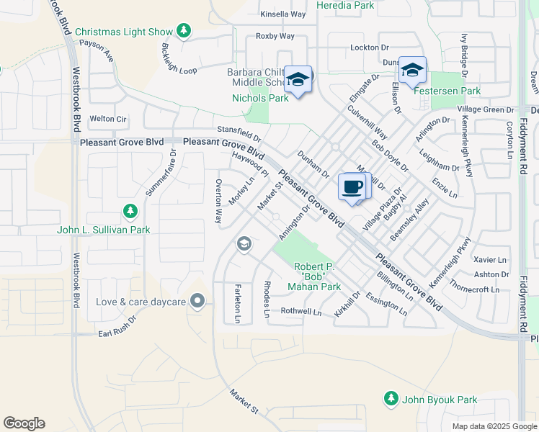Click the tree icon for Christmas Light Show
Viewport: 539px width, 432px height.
click(x=184, y=31)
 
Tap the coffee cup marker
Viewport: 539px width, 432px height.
click(x=352, y=187)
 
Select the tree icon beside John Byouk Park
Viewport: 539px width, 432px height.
click(x=391, y=398)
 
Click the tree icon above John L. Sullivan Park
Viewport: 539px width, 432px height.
click(x=130, y=211)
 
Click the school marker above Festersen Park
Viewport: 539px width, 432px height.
click(x=412, y=71)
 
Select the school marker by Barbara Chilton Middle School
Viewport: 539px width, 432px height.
click(x=297, y=79)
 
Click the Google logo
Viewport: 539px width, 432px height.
click(x=24, y=423)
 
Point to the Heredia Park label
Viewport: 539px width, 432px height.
click(x=355, y=5)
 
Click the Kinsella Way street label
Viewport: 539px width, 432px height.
click(x=283, y=14)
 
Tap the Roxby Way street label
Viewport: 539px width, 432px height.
click(x=275, y=36)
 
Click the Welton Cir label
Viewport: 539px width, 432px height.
click(x=107, y=119)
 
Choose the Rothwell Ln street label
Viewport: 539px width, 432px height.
click(x=300, y=312)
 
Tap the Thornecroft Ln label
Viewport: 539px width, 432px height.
click(x=473, y=289)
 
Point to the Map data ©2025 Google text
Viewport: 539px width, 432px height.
click(x=494, y=426)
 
